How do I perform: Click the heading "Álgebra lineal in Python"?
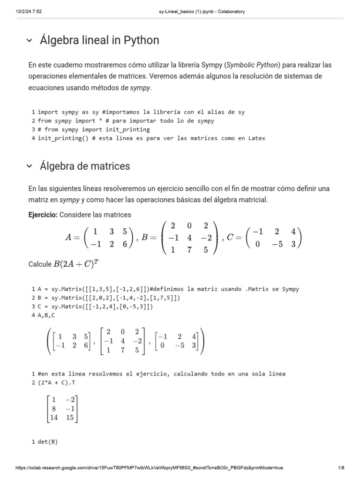tap(99, 41)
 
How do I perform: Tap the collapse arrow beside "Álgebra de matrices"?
tap(30, 166)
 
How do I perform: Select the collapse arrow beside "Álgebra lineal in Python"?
tap(30, 41)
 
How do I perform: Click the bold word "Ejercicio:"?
tap(43, 215)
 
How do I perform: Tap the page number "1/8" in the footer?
tap(341, 468)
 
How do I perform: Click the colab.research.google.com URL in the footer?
tap(149, 468)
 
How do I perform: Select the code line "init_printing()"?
tap(148, 138)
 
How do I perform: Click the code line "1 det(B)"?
tap(45, 442)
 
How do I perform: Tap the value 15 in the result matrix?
tap(70, 418)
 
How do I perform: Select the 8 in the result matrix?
tap(54, 408)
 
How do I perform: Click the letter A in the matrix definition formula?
tap(69, 237)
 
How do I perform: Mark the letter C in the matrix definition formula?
tap(230, 237)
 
